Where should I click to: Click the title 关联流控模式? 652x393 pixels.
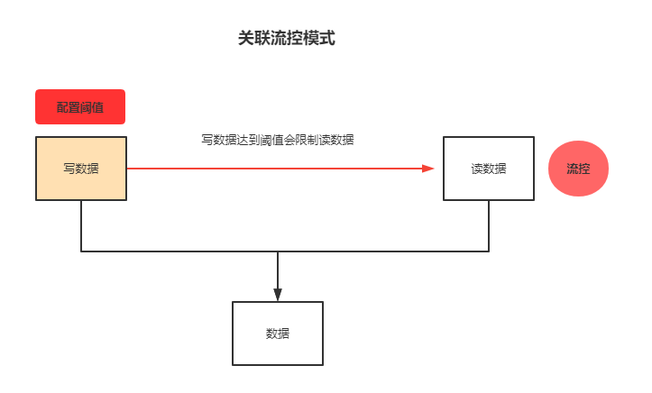(x=286, y=39)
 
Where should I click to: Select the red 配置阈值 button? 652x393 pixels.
(x=80, y=106)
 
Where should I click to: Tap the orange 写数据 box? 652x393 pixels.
(x=81, y=169)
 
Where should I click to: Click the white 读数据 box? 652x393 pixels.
(x=489, y=169)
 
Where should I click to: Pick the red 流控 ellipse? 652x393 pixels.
(x=578, y=169)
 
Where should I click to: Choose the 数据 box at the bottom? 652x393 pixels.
(x=278, y=333)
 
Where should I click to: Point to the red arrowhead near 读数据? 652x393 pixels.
(x=427, y=169)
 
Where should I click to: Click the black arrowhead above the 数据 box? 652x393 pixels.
(x=278, y=294)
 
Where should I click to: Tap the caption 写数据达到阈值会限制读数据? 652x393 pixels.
(x=277, y=140)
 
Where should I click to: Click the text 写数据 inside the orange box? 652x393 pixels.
(x=81, y=169)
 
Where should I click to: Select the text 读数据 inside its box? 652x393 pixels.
(x=489, y=169)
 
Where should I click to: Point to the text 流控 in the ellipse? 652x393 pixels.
(x=578, y=169)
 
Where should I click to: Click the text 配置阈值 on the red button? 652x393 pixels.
(x=80, y=107)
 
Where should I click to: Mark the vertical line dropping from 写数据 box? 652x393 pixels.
(x=81, y=225)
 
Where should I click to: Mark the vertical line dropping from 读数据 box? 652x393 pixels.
(x=489, y=225)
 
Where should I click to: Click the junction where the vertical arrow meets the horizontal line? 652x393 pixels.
(x=278, y=251)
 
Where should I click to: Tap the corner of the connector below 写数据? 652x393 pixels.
(x=81, y=251)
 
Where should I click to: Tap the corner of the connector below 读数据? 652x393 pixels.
(x=489, y=251)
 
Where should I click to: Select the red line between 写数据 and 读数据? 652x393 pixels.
(x=271, y=169)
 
